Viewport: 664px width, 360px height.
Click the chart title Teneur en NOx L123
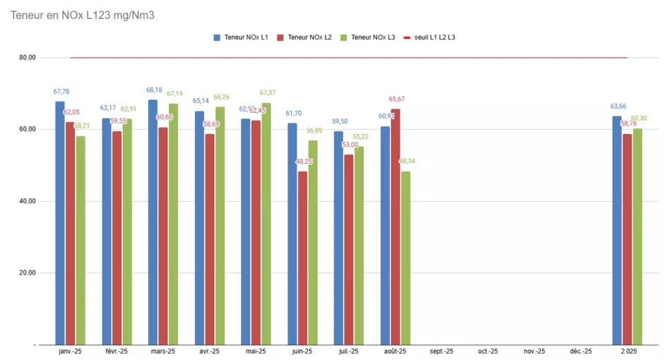tap(82, 15)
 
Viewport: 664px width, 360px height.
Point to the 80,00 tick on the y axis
tap(27, 58)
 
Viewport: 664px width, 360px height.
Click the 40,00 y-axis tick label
tap(27, 201)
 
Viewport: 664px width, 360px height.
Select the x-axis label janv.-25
tap(70, 351)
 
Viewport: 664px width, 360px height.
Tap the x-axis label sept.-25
tap(441, 351)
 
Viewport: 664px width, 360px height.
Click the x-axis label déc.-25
tap(581, 351)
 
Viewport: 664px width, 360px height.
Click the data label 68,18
tap(154, 90)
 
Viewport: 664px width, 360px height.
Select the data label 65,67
tap(396, 100)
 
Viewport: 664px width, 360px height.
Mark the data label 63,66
tap(618, 107)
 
